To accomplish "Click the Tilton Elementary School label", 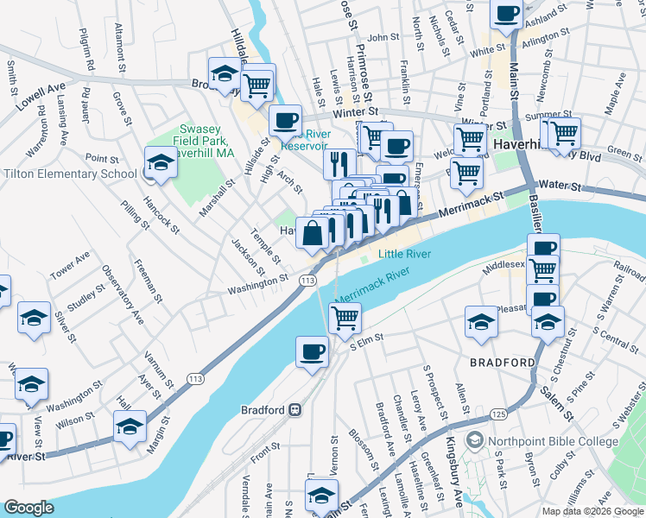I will (70, 174).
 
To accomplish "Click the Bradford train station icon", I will (294, 408).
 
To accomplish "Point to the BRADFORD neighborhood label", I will (503, 363).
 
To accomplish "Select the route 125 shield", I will (497, 415).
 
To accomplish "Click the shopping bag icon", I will (312, 232).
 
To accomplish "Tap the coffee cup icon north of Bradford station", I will (312, 351).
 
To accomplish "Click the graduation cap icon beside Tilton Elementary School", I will (160, 161).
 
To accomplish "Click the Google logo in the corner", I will (28, 508).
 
